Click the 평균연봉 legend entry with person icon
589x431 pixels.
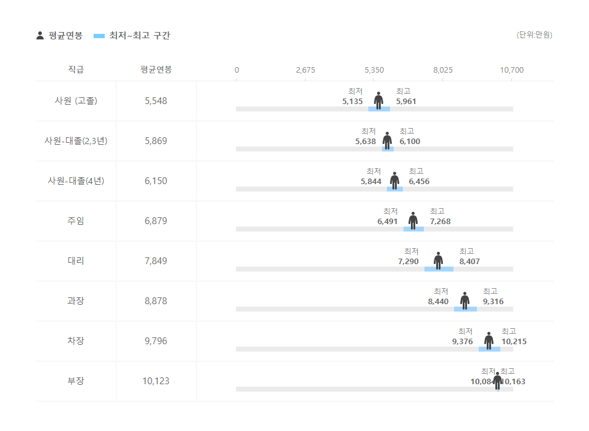click(x=60, y=36)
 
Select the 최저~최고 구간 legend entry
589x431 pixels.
click(x=132, y=36)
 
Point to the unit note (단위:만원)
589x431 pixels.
click(x=534, y=35)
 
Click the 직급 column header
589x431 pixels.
click(x=76, y=70)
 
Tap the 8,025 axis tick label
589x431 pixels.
click(x=443, y=70)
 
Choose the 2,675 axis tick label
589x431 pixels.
click(x=306, y=70)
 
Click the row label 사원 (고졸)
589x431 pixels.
click(x=76, y=101)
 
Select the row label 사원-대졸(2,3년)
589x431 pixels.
click(x=76, y=141)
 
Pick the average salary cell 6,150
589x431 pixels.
click(x=156, y=181)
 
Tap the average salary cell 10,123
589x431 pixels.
click(x=156, y=381)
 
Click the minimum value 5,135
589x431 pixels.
click(x=352, y=102)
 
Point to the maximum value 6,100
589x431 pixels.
click(x=410, y=142)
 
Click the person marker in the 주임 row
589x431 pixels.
click(x=413, y=220)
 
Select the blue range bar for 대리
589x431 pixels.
click(x=439, y=269)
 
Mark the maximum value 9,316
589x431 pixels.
click(x=493, y=302)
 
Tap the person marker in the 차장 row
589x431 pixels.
click(x=489, y=340)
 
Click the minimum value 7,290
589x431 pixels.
click(x=408, y=262)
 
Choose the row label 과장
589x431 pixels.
click(x=76, y=301)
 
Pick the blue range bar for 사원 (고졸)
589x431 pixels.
click(x=379, y=109)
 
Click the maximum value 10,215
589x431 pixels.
click(x=514, y=342)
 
